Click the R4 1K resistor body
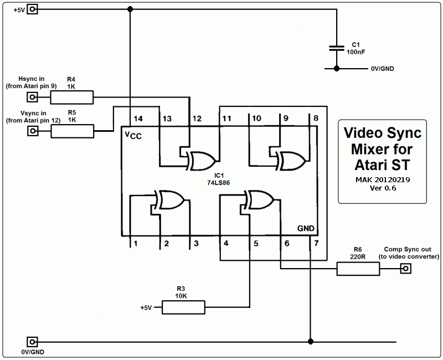point(72,97)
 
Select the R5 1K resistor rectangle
point(73,131)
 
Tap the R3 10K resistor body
point(183,307)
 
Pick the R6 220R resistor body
point(358,269)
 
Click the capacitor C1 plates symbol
point(337,48)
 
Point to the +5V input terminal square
point(32,9)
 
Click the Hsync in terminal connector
point(32,97)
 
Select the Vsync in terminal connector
point(33,131)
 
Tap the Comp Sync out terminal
point(406,268)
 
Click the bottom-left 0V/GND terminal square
point(32,342)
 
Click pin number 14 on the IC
point(138,119)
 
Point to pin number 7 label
point(316,243)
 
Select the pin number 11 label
point(226,119)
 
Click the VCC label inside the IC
point(133,135)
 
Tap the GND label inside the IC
point(306,228)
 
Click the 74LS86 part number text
point(218,183)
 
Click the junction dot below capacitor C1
point(337,68)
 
